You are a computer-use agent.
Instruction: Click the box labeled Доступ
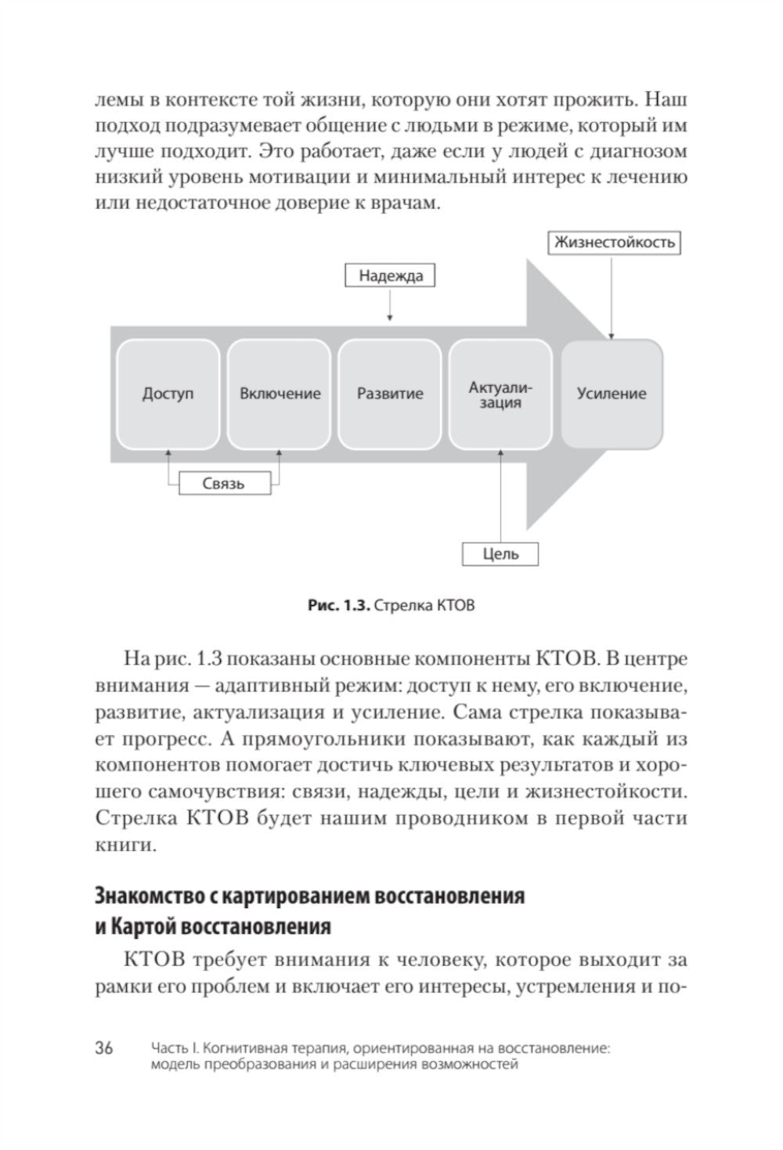tap(168, 393)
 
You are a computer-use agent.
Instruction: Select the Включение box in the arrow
tap(280, 393)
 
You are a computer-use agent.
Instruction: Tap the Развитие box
tap(390, 393)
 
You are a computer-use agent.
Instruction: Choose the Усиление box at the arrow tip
tap(612, 393)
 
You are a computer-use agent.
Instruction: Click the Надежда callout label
tap(390, 276)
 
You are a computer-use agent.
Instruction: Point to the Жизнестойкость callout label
tap(614, 242)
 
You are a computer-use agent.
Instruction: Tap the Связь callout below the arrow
tap(224, 483)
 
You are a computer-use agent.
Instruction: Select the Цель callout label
tap(501, 553)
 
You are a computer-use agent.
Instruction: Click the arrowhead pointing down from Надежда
tap(390, 317)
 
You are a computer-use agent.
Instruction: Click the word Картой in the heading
tap(146, 928)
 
